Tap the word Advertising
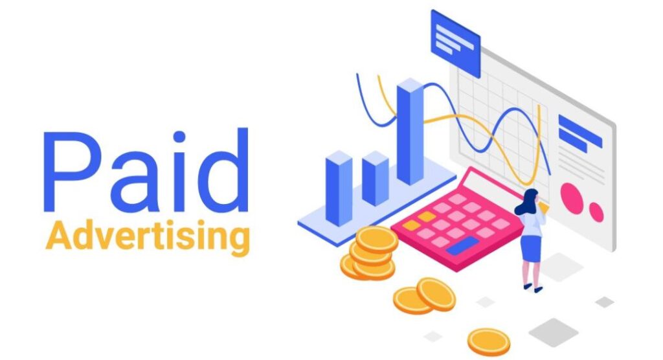point(148,238)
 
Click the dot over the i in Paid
point(179,136)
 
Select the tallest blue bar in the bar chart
point(410,133)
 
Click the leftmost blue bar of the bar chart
point(338,188)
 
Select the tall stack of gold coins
point(373,253)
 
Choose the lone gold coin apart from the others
point(489,341)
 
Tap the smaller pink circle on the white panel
point(596,212)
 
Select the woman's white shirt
point(531,223)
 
